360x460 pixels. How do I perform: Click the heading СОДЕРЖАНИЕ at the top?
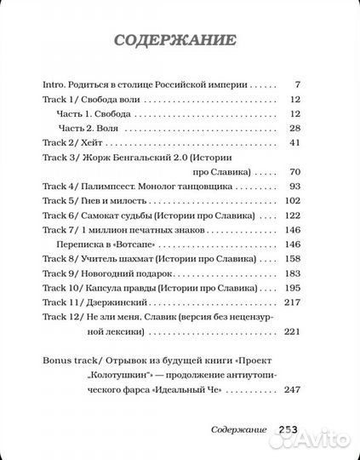tap(179, 41)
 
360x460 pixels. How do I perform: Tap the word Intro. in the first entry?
tap(55, 86)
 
